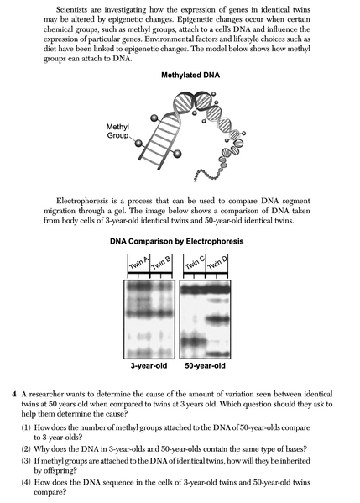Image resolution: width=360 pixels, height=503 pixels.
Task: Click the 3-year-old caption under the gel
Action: click(x=149, y=366)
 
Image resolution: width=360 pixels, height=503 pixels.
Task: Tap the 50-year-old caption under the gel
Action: click(x=203, y=366)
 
